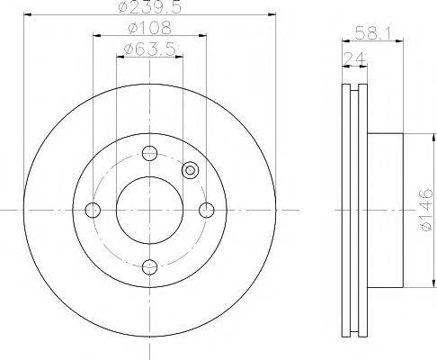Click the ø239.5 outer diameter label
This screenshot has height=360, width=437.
point(150,6)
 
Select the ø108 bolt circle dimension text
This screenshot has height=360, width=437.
point(150,28)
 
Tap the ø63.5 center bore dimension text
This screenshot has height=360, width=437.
point(149,49)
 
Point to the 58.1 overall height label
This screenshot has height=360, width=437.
point(373,32)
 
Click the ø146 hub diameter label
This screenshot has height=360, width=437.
point(426,210)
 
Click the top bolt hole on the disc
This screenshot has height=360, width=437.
point(149,153)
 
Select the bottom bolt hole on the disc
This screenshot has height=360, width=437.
point(149,266)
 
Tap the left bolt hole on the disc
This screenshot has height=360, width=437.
point(93,210)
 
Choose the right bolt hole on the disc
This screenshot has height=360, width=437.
point(207,210)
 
